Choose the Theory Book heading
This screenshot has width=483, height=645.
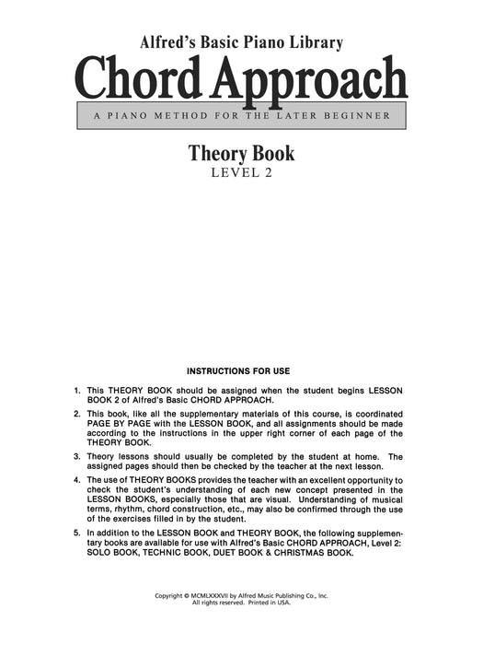242,154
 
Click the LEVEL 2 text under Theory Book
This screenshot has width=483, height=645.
242,172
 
